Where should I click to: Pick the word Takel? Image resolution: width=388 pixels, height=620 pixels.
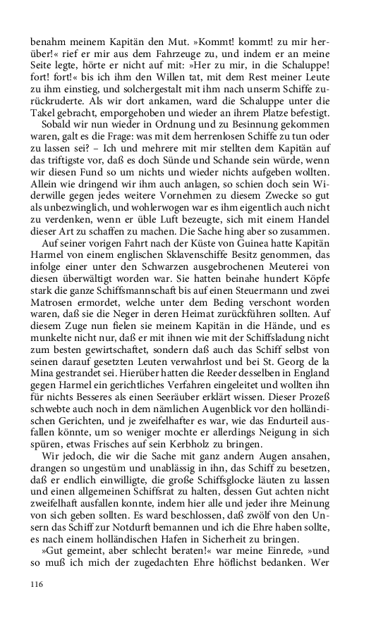click(44, 101)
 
